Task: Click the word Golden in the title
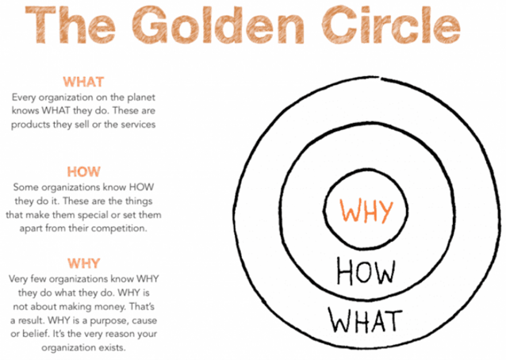[x=218, y=25]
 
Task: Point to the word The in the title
[x=70, y=25]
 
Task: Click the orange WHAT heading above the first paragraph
[x=83, y=82]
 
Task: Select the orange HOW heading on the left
[x=83, y=171]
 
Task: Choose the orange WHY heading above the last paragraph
[x=83, y=263]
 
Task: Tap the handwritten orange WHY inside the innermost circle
[x=366, y=210]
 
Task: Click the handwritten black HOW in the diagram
[x=366, y=272]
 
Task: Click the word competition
[x=118, y=228]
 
